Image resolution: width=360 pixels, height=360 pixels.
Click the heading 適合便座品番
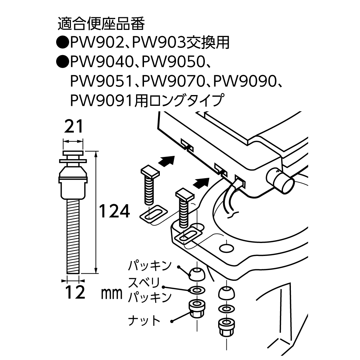[x=101, y=25]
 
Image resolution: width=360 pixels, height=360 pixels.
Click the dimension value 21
[x=73, y=127]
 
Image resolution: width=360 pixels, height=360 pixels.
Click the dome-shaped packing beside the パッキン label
[x=196, y=274]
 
